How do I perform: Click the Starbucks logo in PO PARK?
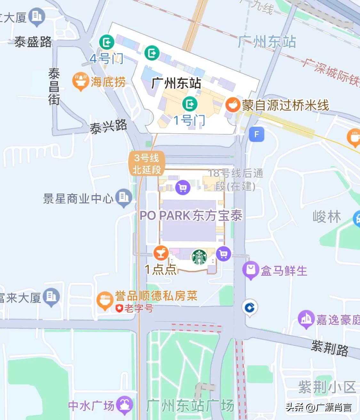tap(199, 257)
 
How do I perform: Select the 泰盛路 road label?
tap(33, 42)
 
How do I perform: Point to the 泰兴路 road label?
tap(108, 127)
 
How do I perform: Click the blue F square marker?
tap(256, 134)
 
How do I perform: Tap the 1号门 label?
tap(189, 120)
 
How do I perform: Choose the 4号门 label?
tap(106, 59)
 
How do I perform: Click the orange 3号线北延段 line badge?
tap(147, 164)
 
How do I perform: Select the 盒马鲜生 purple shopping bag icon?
tap(251, 270)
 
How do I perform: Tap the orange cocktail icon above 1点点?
tap(161, 253)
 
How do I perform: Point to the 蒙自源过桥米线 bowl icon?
tap(233, 105)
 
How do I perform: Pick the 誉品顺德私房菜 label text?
tap(156, 296)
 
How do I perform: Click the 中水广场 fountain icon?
tap(124, 405)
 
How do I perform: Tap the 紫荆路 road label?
tap(330, 348)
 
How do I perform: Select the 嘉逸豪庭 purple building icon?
tap(306, 319)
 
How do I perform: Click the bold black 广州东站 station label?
tap(176, 83)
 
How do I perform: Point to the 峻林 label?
tap(327, 217)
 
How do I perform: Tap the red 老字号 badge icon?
tap(119, 308)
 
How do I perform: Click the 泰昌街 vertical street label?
tap(54, 87)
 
